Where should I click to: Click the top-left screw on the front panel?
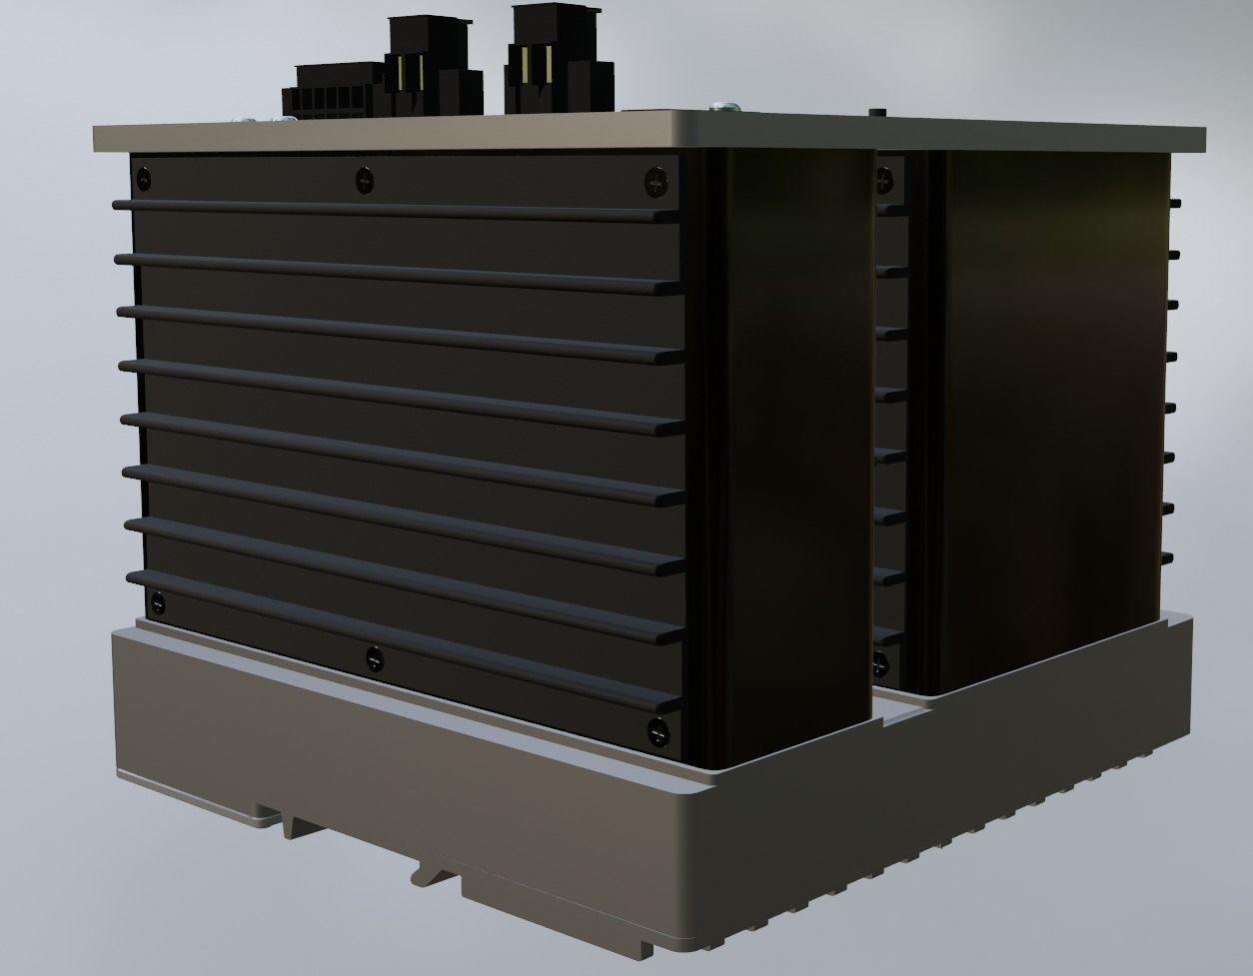click(x=144, y=181)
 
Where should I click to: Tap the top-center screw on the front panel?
click(x=365, y=181)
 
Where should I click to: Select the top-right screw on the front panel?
click(x=657, y=182)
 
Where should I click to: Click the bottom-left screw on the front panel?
click(x=157, y=604)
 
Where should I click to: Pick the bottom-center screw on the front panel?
click(x=374, y=658)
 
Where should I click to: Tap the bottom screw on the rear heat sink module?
click(x=880, y=661)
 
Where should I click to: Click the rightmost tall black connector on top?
click(x=560, y=62)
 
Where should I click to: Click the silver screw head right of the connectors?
click(x=725, y=104)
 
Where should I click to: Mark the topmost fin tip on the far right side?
click(x=1173, y=203)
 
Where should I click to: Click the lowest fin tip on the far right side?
click(x=1168, y=557)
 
